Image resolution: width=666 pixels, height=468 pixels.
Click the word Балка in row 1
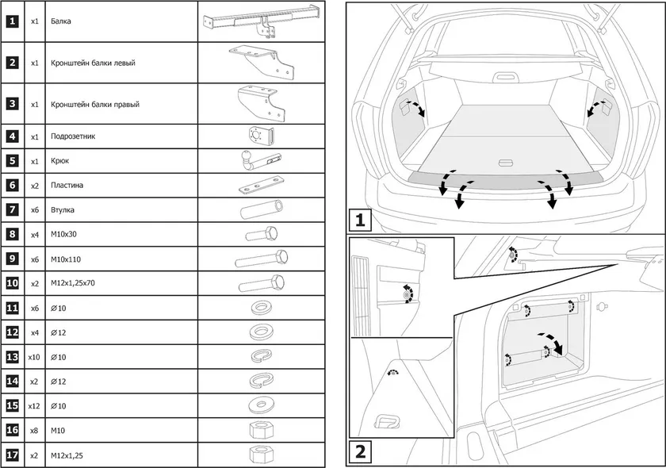point(60,21)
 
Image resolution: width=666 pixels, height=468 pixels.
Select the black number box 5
point(12,161)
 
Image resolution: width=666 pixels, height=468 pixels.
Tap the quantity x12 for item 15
point(34,406)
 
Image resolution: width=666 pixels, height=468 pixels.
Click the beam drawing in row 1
point(261,21)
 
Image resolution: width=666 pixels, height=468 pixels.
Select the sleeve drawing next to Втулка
point(261,210)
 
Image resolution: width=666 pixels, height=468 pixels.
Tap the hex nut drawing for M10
point(261,430)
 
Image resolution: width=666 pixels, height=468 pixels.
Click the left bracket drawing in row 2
point(261,62)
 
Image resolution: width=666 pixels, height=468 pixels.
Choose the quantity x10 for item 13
point(34,357)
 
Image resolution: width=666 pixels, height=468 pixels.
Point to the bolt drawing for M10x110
point(261,259)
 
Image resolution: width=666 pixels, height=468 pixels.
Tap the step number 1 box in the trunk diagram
point(360,218)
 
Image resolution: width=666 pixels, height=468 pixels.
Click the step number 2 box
point(360,453)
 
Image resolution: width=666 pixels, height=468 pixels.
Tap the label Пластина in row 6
point(66,186)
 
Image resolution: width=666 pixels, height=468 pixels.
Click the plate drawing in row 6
point(261,187)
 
